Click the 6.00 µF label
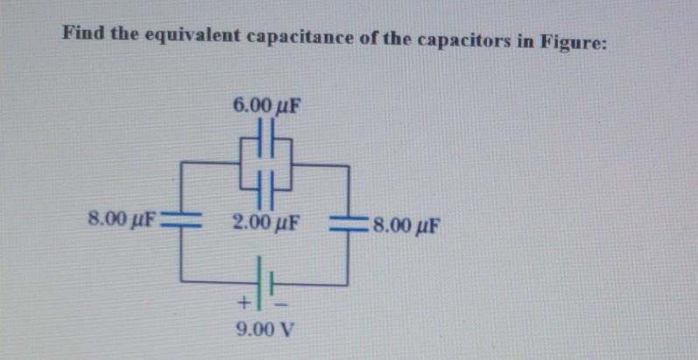pos(266,106)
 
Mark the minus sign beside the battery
pos(282,303)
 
